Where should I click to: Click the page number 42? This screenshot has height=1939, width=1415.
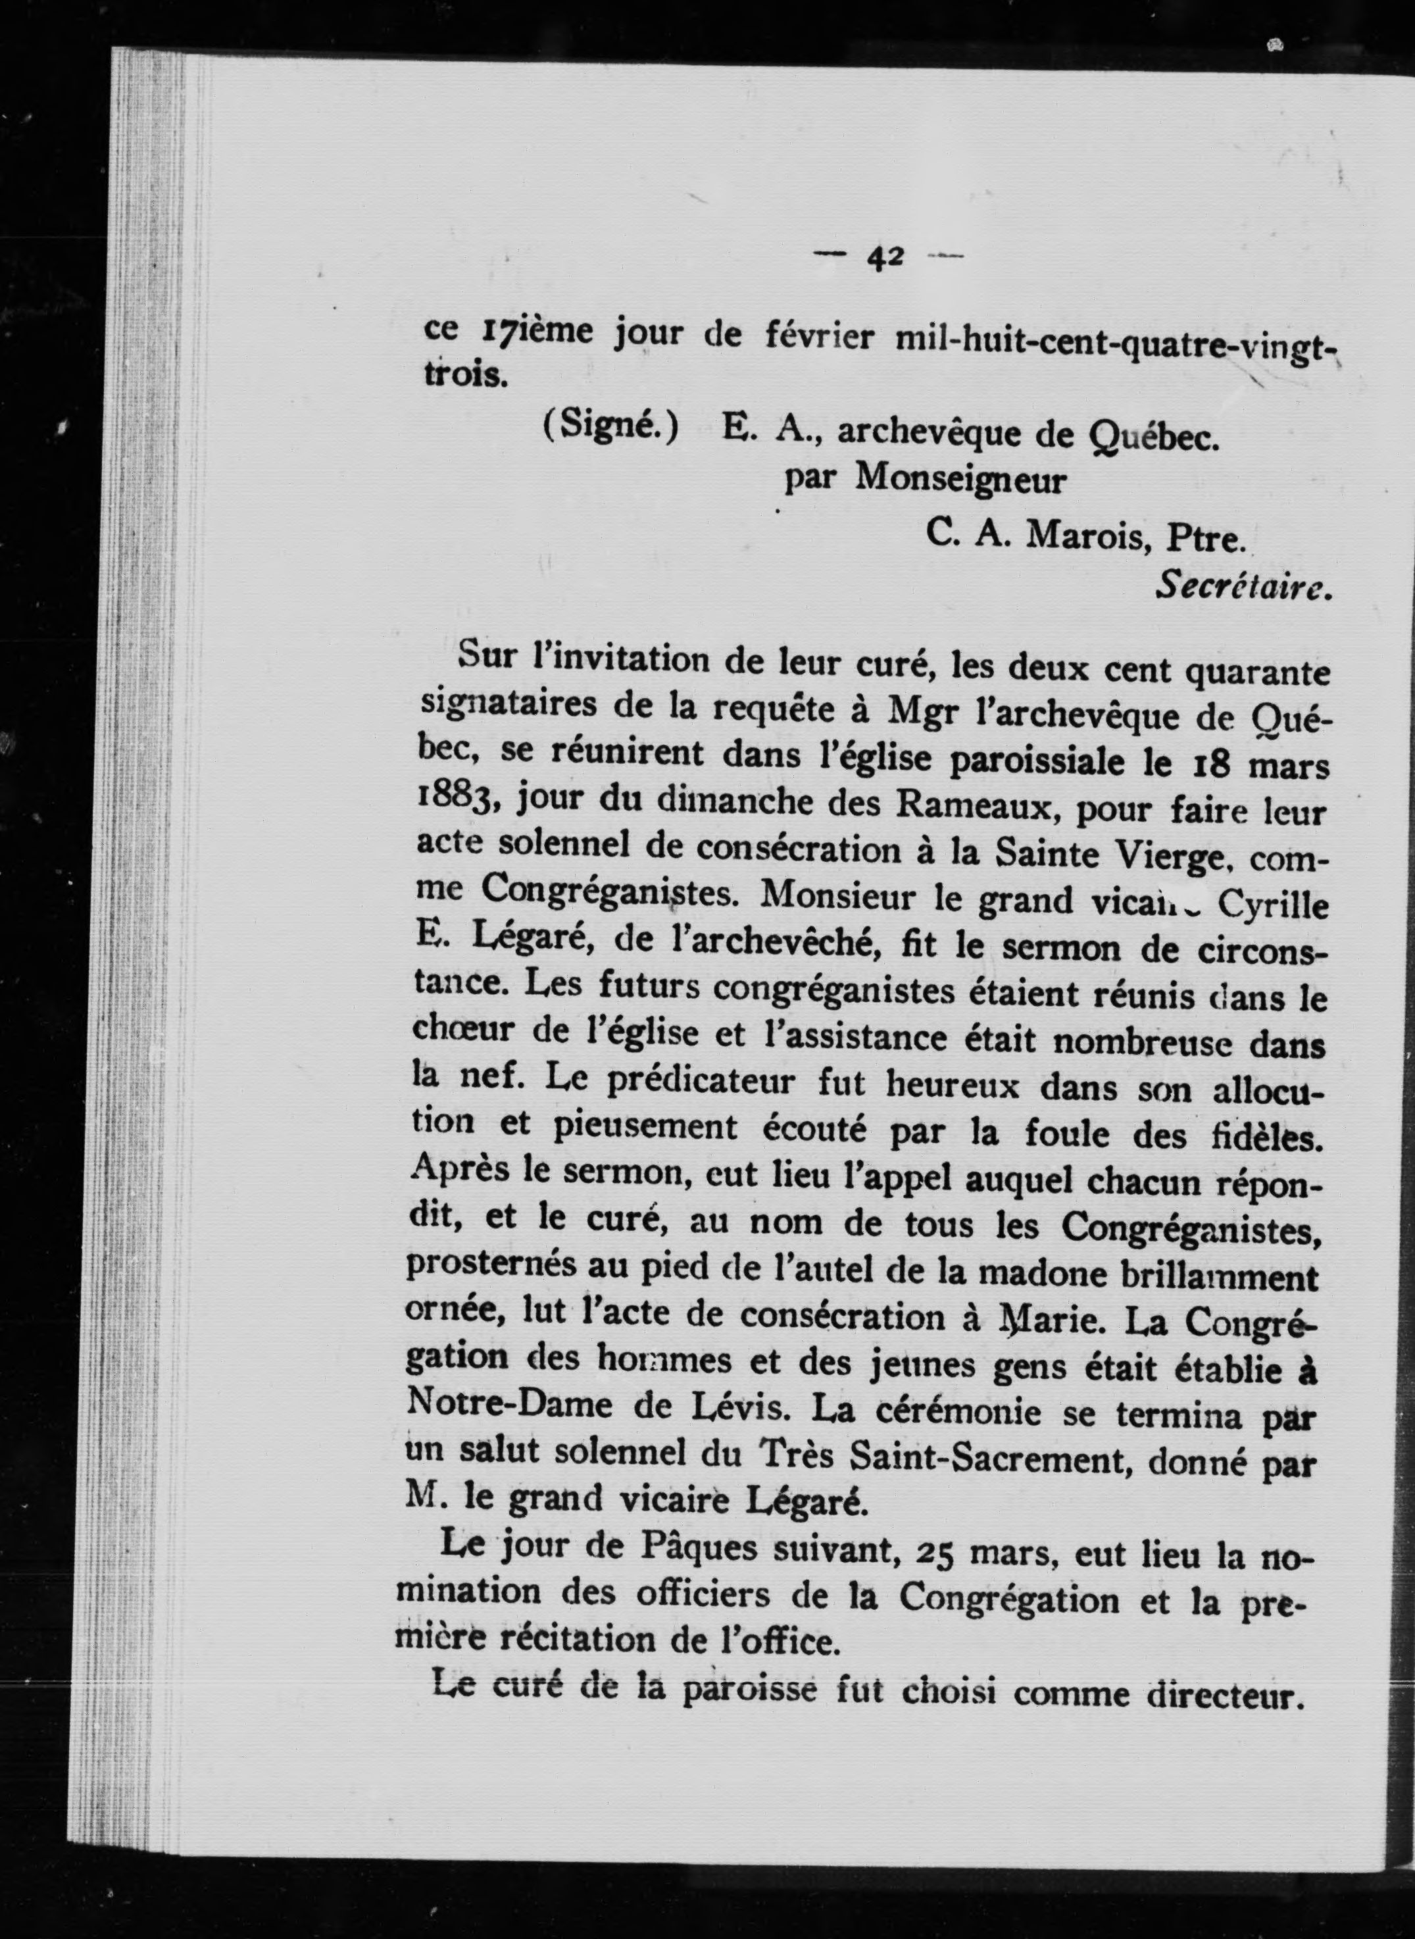coord(884,255)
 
